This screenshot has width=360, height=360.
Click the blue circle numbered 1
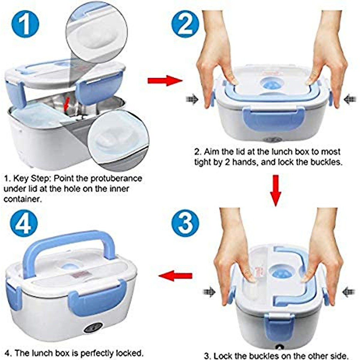pyautogui.click(x=25, y=23)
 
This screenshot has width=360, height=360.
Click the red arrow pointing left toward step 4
pyautogui.click(x=175, y=275)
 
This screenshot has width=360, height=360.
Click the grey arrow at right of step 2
pyautogui.click(x=349, y=99)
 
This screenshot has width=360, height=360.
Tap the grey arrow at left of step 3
pyautogui.click(x=209, y=291)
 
